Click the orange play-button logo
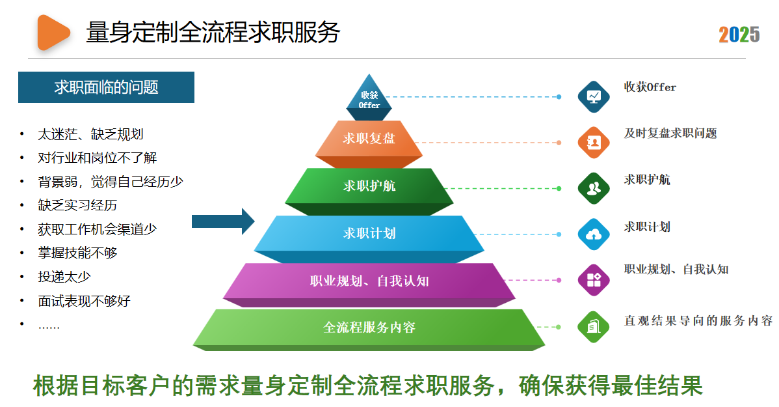(53, 32)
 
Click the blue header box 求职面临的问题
(106, 87)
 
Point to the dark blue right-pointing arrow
(223, 221)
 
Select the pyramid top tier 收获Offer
(369, 99)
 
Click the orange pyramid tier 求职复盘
(369, 139)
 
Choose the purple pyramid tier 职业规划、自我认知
(369, 281)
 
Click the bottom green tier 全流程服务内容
(369, 327)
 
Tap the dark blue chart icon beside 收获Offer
(594, 96)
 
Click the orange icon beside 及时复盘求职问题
(594, 143)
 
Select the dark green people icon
(594, 189)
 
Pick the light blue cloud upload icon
(594, 234)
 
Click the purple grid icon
(594, 281)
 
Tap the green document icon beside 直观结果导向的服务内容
(594, 326)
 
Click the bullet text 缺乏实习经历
(77, 205)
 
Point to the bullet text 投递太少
(64, 276)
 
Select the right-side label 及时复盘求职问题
(670, 133)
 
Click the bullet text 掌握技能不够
(77, 253)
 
